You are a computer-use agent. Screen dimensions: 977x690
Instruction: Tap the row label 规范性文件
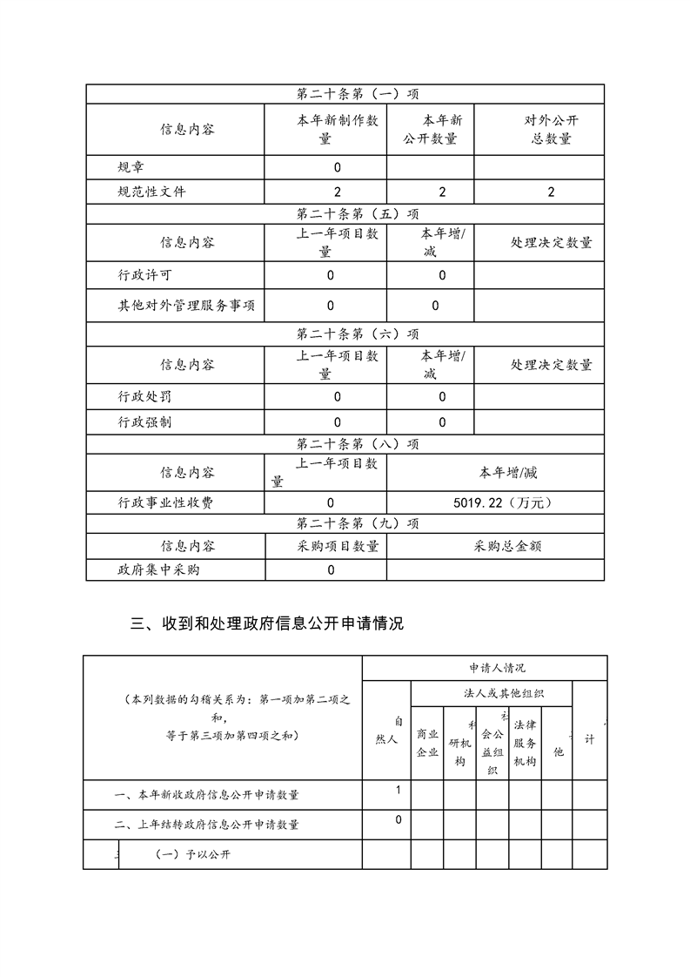coord(152,192)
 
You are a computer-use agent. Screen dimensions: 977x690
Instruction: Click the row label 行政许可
coord(145,275)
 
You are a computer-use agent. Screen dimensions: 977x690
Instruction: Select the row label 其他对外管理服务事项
coord(187,306)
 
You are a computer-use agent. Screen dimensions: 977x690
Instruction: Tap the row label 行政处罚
coord(145,397)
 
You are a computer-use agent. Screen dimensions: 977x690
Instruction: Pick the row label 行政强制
coord(145,422)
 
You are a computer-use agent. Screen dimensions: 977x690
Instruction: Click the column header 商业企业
coord(427,743)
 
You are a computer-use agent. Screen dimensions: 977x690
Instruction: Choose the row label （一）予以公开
coord(193,854)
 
